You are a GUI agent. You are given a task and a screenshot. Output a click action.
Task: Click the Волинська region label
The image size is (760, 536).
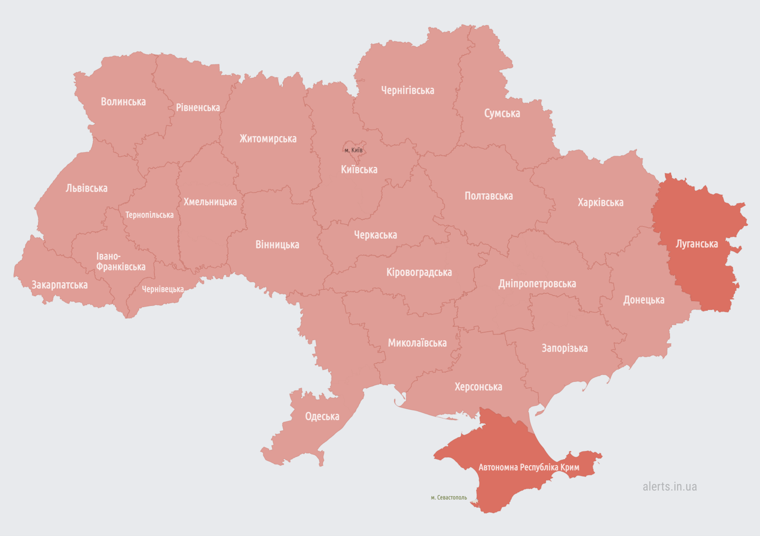pyautogui.click(x=123, y=102)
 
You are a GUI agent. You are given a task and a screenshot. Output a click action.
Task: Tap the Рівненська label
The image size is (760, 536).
pyautogui.click(x=198, y=108)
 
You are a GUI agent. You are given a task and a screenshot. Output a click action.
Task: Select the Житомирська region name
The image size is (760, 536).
pyautogui.click(x=268, y=139)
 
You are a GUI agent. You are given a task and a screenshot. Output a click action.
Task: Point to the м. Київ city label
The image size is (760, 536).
pyautogui.click(x=354, y=150)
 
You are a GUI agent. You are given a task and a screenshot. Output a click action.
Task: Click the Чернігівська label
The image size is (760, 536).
pyautogui.click(x=408, y=91)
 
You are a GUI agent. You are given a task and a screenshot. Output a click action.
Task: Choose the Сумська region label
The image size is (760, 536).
pyautogui.click(x=502, y=113)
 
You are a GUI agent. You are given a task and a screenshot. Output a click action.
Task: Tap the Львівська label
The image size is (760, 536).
pyautogui.click(x=87, y=188)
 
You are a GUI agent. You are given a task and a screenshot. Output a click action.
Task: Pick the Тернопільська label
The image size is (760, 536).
pyautogui.click(x=149, y=215)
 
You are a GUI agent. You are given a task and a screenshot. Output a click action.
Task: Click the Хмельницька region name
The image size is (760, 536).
pyautogui.click(x=210, y=202)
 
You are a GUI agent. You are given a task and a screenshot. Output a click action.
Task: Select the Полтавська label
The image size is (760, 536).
pyautogui.click(x=489, y=196)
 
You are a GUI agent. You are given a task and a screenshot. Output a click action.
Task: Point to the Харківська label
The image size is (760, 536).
pyautogui.click(x=600, y=202)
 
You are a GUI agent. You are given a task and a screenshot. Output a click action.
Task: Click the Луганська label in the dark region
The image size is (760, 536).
pyautogui.click(x=697, y=244)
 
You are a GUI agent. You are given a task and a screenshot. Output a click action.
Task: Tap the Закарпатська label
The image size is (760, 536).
pyautogui.click(x=60, y=285)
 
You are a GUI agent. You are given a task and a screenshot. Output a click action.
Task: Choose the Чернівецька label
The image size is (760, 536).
pyautogui.click(x=163, y=289)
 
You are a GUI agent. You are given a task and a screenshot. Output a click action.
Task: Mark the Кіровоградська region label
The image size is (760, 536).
pyautogui.click(x=419, y=272)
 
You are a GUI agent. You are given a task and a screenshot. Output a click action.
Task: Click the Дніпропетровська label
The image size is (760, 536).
pyautogui.click(x=537, y=284)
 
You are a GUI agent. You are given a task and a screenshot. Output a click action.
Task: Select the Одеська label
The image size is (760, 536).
pyautogui.click(x=322, y=417)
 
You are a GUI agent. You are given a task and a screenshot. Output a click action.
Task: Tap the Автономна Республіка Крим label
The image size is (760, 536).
pyautogui.click(x=529, y=467)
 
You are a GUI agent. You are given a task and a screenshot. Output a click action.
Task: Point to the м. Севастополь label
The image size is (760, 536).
pyautogui.click(x=449, y=497)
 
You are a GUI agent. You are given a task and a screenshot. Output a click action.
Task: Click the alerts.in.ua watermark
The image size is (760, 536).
pyautogui.click(x=669, y=486)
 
